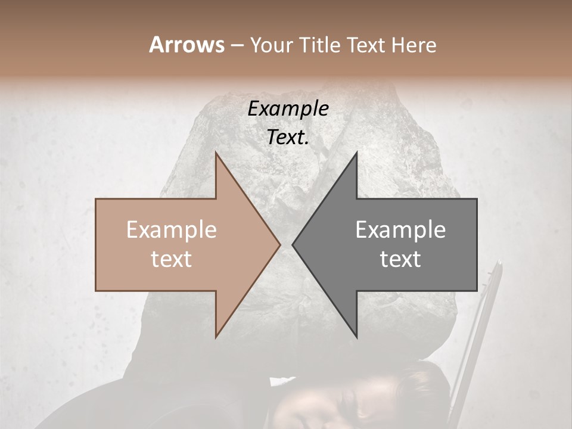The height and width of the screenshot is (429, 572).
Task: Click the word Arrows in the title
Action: (x=187, y=45)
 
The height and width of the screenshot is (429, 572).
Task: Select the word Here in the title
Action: (x=414, y=45)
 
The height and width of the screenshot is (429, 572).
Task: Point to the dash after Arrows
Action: (x=237, y=45)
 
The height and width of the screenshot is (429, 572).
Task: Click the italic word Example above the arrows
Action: (x=288, y=109)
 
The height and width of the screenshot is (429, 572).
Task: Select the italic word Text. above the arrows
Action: (x=288, y=137)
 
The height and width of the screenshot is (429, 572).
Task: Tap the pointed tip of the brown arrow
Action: (x=280, y=244)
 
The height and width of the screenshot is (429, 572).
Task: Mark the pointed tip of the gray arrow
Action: (x=293, y=244)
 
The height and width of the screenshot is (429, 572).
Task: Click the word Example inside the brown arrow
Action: (x=172, y=230)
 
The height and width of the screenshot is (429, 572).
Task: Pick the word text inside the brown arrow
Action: (x=172, y=259)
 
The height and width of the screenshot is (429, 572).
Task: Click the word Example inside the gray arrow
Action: (x=400, y=230)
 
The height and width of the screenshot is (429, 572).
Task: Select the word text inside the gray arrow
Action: (x=400, y=259)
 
